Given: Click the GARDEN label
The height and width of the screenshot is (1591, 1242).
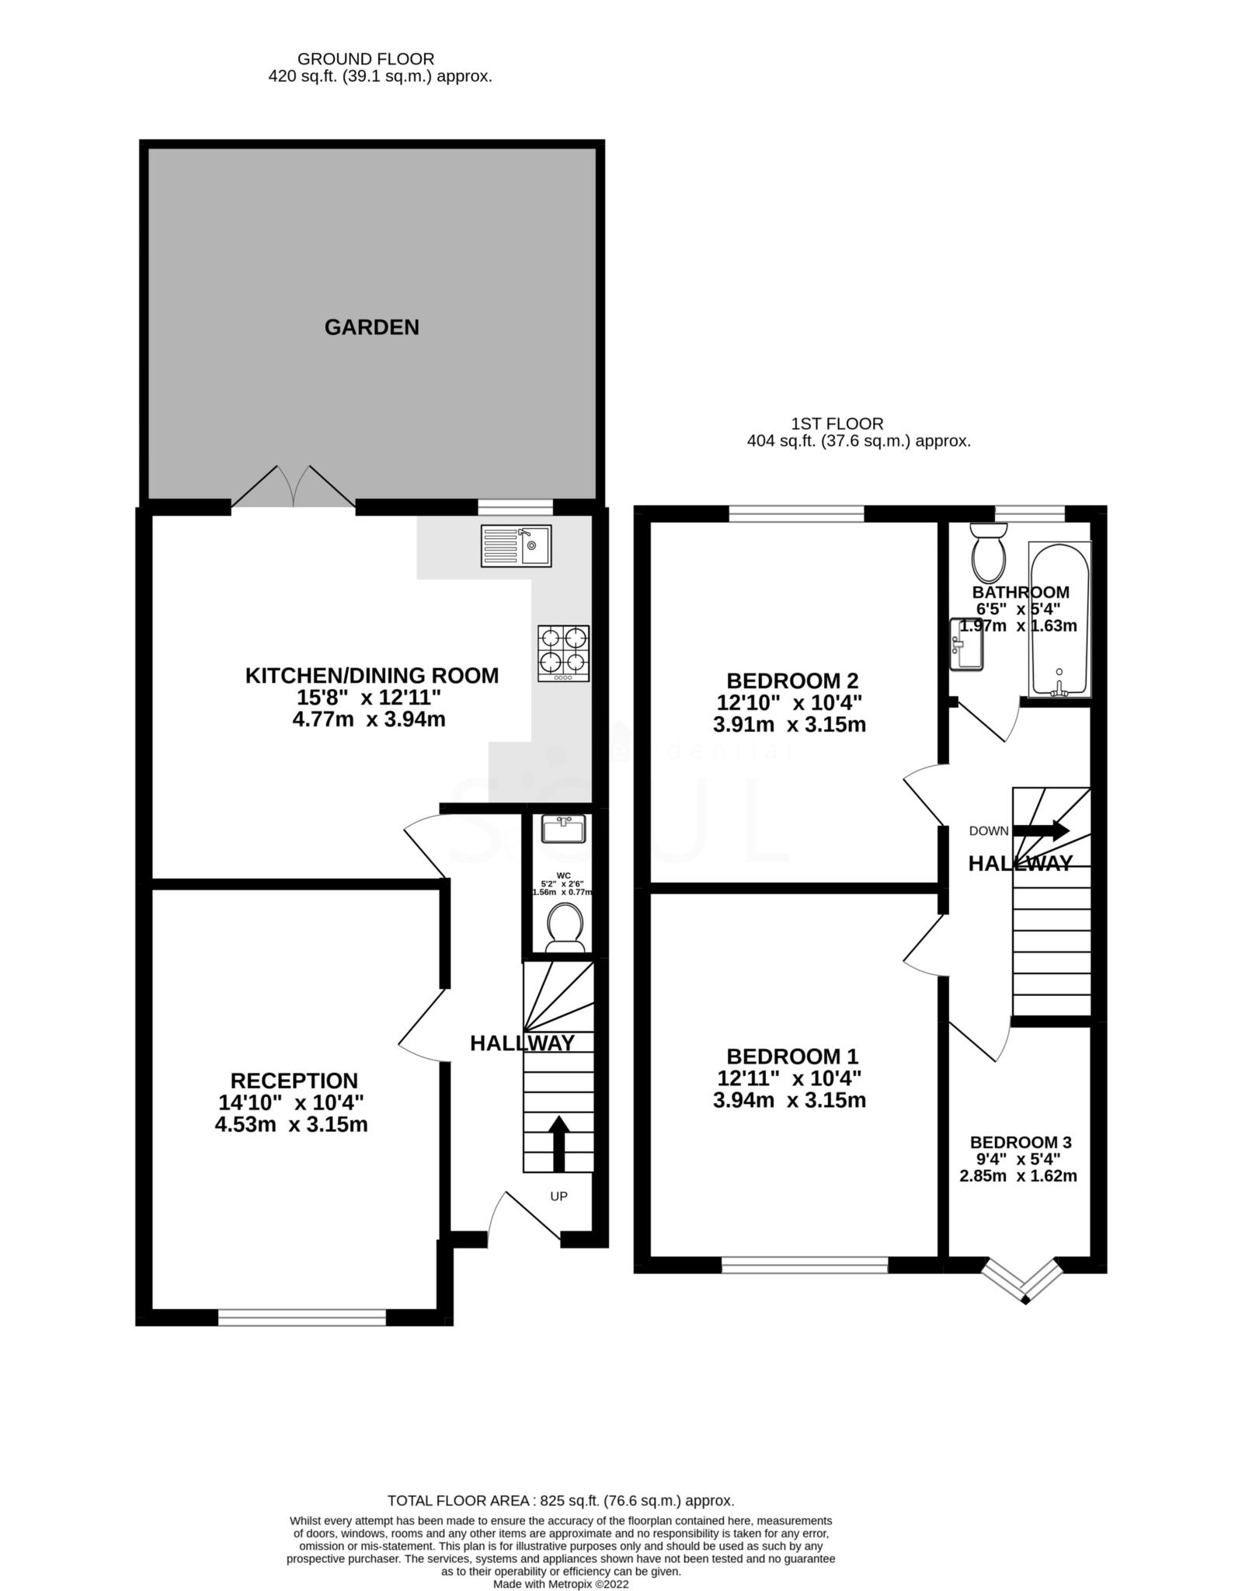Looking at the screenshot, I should point(371,327).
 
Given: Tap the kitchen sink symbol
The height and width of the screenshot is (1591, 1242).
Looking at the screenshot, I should point(516,545).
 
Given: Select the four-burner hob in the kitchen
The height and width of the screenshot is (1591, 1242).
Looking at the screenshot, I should point(563,653).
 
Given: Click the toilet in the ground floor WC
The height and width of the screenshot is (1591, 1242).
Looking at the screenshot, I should point(565,929).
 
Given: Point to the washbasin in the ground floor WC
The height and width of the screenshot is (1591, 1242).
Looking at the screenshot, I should point(564,830).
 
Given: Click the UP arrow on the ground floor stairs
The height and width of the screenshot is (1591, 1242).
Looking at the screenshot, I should point(558,1143).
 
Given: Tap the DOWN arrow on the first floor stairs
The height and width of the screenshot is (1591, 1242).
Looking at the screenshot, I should point(1041,830).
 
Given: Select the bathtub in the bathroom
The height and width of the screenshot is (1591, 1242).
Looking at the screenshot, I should point(1059,618).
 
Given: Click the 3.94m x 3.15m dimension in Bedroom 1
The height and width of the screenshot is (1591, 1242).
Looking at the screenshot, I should point(789,1100).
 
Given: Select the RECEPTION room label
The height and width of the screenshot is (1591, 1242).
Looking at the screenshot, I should point(294,1081).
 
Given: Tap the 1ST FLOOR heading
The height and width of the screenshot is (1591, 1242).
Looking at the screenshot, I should point(837,423).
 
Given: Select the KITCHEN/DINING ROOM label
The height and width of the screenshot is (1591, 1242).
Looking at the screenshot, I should point(371,675).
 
